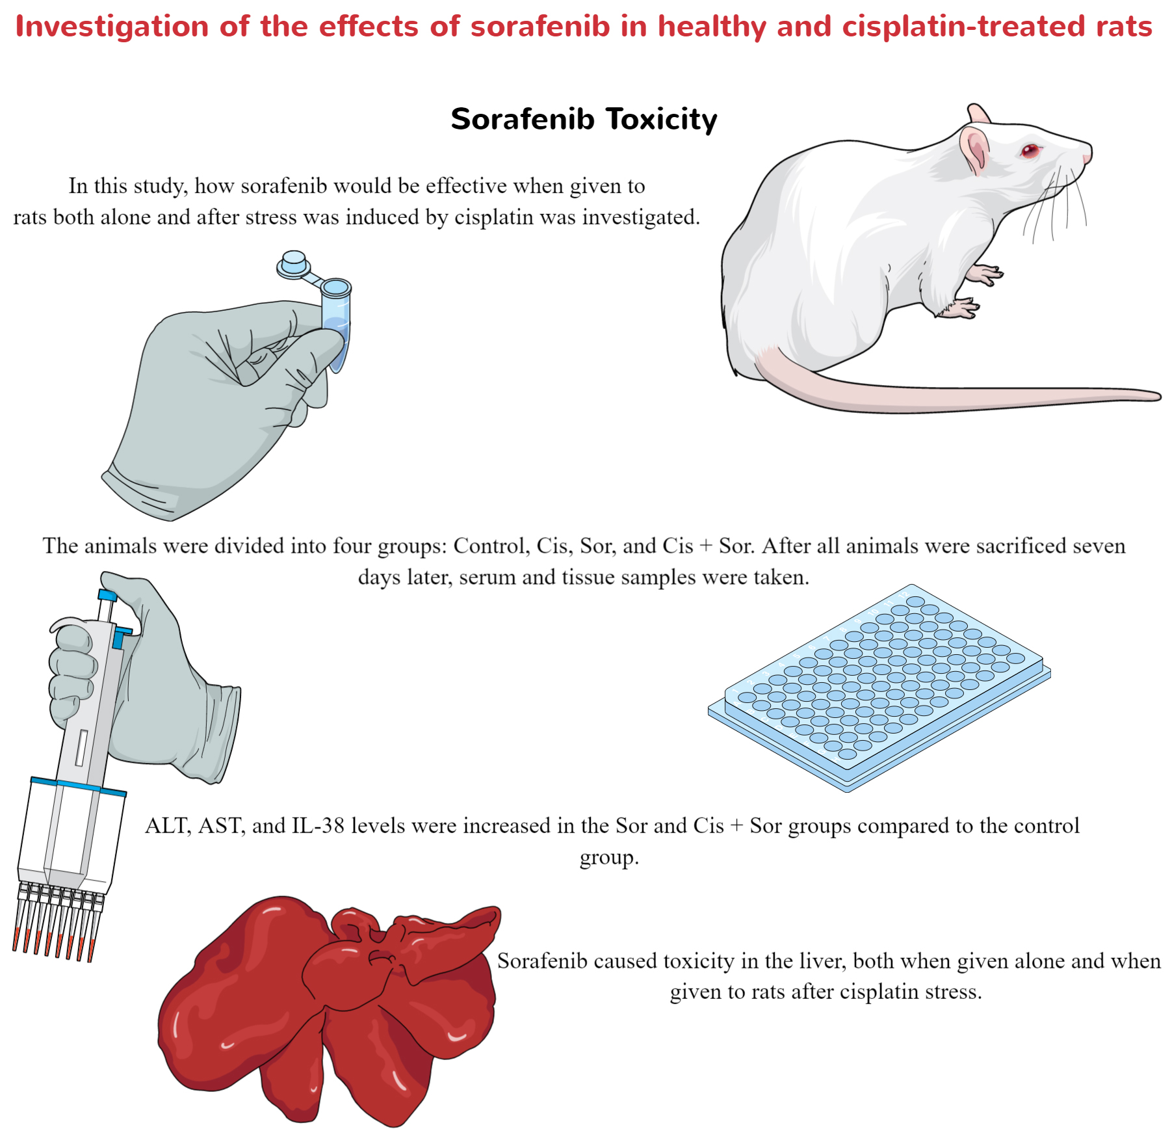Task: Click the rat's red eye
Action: (1030, 151)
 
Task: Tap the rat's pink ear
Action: (975, 148)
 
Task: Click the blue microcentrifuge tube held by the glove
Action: (336, 325)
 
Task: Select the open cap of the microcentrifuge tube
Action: (294, 263)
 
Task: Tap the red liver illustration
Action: (325, 1008)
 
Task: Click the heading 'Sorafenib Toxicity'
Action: (584, 120)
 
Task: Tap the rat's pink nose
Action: (1087, 158)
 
